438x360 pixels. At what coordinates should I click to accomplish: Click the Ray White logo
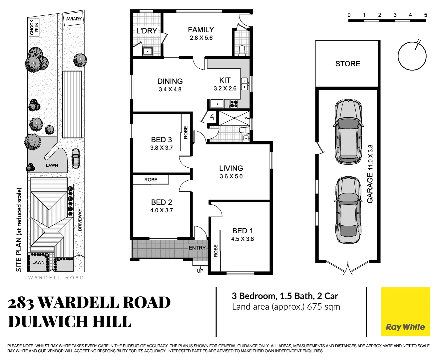405,327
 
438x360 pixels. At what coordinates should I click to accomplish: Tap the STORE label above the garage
348,64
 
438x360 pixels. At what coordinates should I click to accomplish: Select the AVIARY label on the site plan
74,19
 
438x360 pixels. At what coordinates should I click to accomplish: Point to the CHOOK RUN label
34,27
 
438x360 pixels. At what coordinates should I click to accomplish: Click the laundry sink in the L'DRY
147,51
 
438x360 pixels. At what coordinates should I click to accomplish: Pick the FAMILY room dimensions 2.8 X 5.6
201,38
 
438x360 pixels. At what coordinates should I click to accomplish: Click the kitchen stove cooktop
234,104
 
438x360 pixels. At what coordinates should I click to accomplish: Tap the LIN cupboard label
212,117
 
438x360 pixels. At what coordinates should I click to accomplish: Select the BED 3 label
162,140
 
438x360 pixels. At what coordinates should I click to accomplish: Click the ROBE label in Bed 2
151,180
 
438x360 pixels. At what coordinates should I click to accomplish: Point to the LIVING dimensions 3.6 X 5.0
231,176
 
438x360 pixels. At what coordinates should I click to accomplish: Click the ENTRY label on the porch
197,248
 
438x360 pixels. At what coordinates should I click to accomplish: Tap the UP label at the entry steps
200,271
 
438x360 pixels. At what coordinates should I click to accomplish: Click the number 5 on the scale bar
425,15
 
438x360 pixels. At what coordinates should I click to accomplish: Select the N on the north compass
419,41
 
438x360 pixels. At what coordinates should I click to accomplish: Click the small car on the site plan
76,158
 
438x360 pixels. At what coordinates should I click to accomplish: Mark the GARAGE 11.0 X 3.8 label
370,174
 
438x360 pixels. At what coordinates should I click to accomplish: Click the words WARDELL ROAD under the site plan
56,278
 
